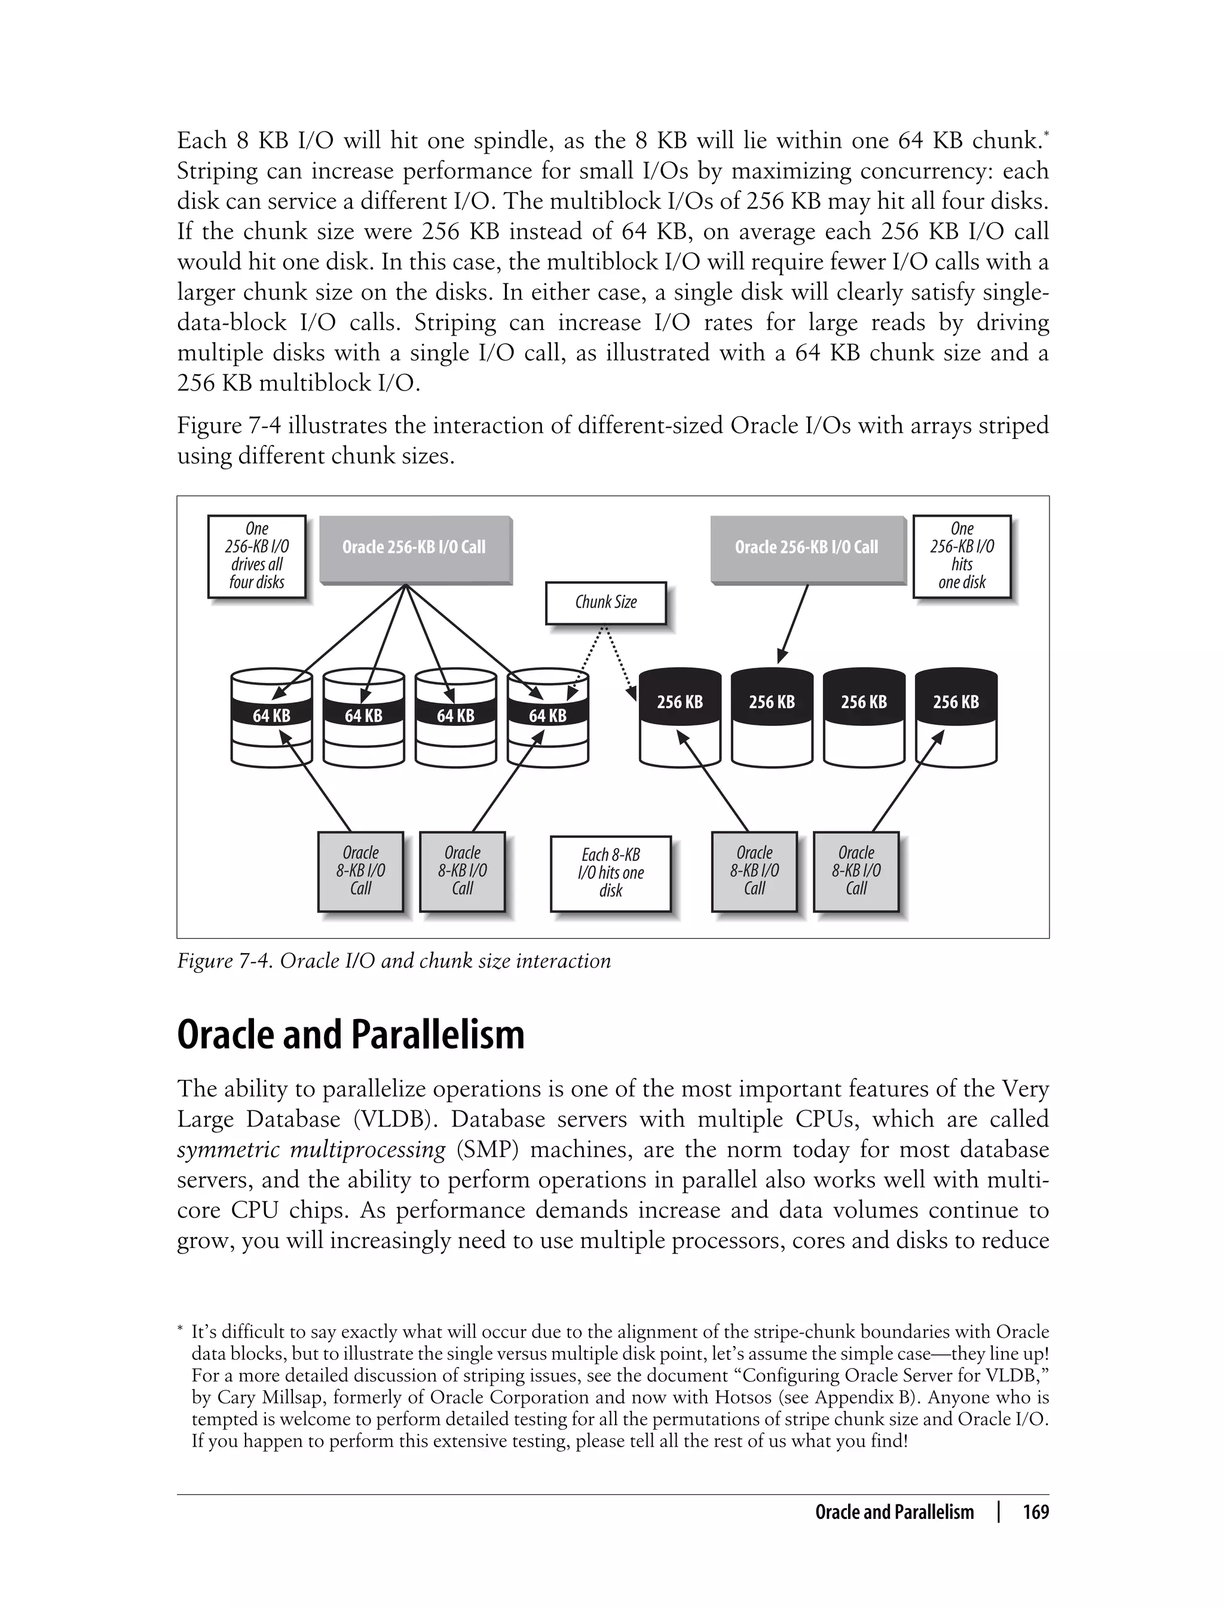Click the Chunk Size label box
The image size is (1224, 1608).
(x=605, y=602)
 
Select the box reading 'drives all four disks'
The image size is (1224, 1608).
(x=256, y=556)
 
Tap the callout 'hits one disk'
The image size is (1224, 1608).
(x=962, y=556)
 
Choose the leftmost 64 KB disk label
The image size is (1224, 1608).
(x=271, y=716)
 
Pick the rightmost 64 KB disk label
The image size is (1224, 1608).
(x=547, y=716)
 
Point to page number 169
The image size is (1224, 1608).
(x=1035, y=1512)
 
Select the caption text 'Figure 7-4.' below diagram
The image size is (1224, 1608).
(x=225, y=961)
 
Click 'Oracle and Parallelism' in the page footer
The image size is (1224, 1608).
(x=894, y=1512)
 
